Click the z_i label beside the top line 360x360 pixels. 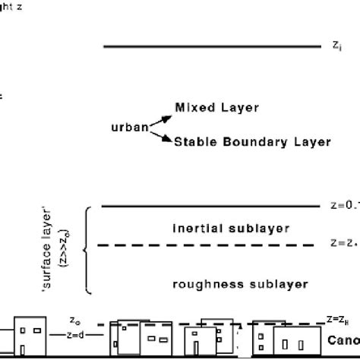coord(336,46)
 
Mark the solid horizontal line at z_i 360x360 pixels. coord(213,46)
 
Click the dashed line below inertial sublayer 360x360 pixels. coord(205,245)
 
